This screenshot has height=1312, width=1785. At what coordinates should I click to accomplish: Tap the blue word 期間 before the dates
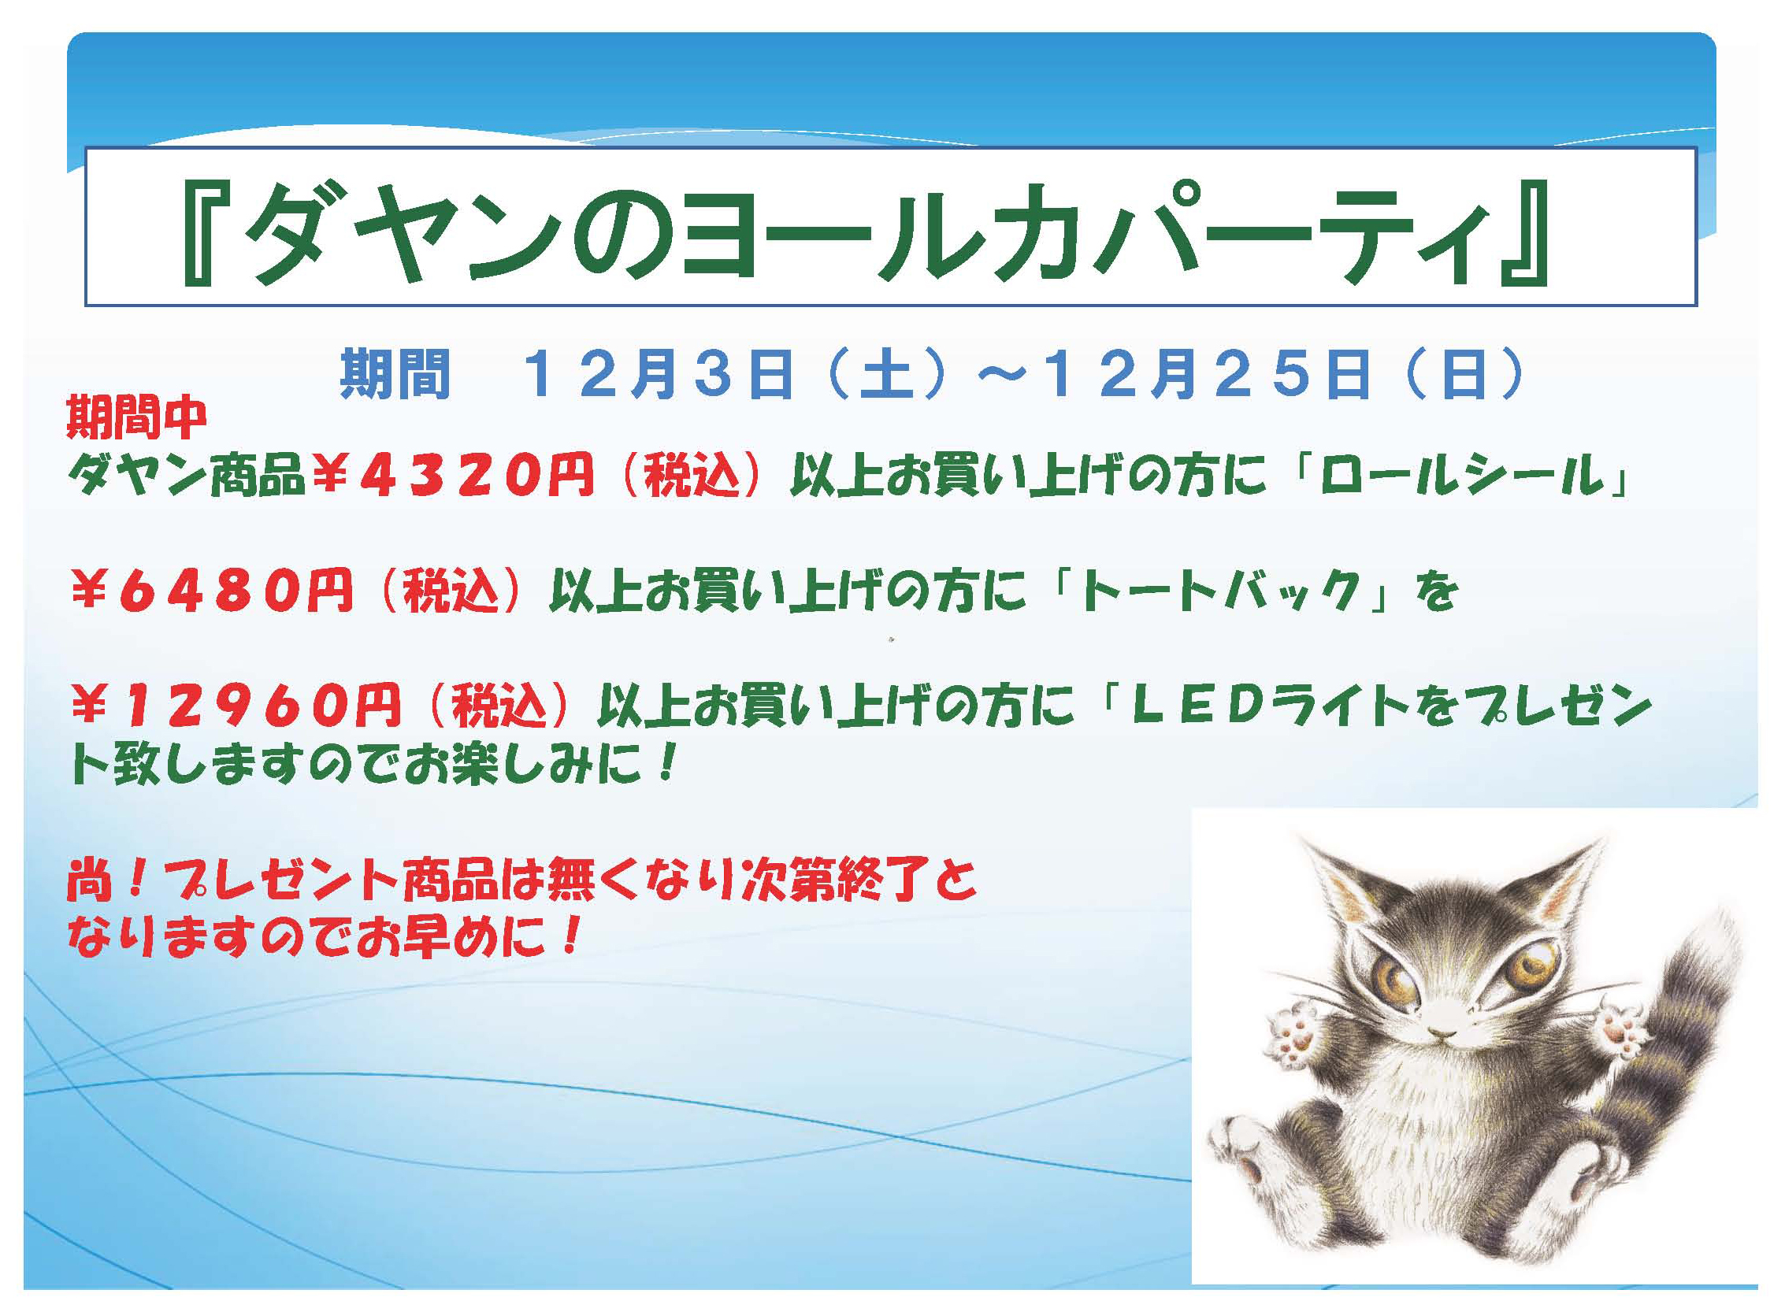click(395, 373)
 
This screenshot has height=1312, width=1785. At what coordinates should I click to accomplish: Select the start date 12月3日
click(659, 373)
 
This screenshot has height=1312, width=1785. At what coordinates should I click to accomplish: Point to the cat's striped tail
click(1676, 1032)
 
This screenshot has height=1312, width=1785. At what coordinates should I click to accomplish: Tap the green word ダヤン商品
click(187, 477)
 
